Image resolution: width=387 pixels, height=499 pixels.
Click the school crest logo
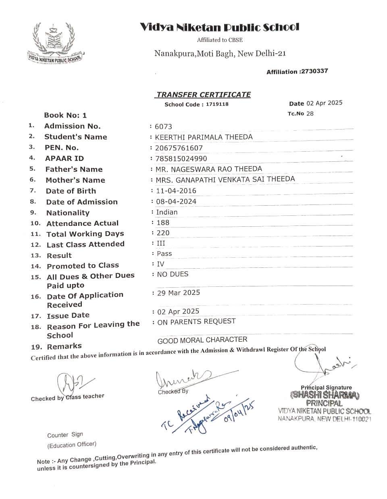coord(54,43)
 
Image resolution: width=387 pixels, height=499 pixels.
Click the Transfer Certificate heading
coord(203,94)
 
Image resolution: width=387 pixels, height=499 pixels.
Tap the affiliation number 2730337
coord(314,71)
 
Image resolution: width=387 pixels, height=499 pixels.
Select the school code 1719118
coord(217,104)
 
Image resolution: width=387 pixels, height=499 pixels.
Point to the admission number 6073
coord(163,127)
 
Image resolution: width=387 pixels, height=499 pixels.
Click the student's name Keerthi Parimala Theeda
coord(204,137)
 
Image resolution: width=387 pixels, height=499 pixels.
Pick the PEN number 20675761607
coord(179,148)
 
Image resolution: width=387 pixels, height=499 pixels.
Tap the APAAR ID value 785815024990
coord(181,159)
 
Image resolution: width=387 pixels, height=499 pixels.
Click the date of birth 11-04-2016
coord(176,190)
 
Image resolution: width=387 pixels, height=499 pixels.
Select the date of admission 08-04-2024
coord(177,201)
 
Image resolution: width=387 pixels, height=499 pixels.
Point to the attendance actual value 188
coord(163,222)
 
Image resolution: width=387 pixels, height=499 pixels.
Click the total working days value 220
coord(163,233)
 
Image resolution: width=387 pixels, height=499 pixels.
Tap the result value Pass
coord(164,253)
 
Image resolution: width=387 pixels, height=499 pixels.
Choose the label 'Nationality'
coord(68,213)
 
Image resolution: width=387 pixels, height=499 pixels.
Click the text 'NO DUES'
coord(173,274)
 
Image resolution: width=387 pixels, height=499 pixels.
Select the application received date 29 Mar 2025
coord(178,293)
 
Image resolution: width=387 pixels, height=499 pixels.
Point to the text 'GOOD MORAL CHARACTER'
coord(202,340)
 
